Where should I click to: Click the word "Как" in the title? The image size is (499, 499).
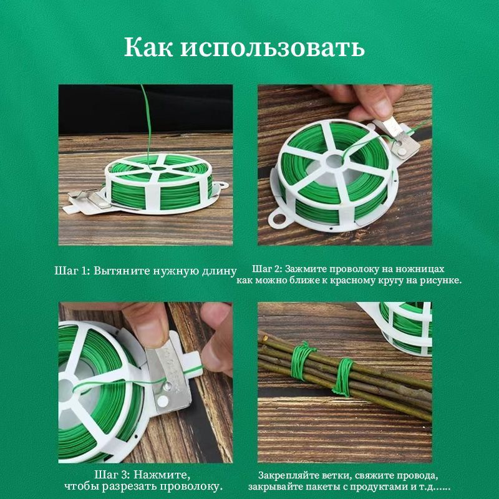[x=148, y=47]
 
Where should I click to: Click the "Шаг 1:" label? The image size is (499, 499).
[x=72, y=271]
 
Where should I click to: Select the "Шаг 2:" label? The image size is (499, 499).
[x=268, y=269]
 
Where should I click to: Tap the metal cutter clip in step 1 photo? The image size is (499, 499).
[x=87, y=201]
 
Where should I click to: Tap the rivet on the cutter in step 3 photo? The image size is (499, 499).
[x=167, y=386]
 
